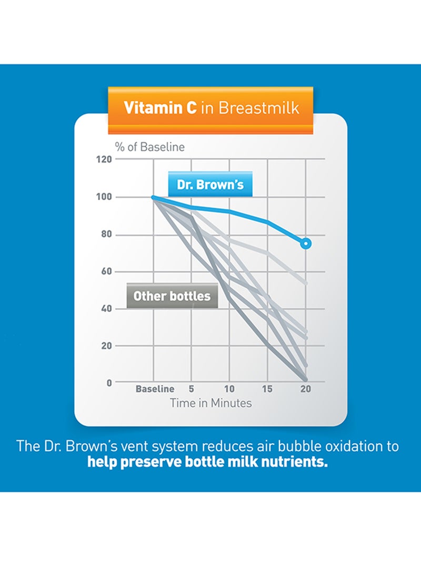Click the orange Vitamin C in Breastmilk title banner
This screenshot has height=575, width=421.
coord(211,108)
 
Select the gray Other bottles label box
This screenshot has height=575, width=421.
coord(172,296)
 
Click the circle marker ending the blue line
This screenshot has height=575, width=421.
coord(306,243)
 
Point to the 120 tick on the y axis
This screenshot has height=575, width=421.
coord(104,160)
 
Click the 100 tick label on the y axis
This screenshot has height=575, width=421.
coord(104,197)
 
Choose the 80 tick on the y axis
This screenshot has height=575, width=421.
coord(106,235)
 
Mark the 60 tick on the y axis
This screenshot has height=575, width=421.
coord(106,271)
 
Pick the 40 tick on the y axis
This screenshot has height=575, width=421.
coord(106,308)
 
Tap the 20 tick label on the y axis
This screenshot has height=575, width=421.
coord(106,346)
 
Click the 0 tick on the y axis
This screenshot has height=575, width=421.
coord(109,383)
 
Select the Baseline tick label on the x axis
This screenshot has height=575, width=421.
coord(155,389)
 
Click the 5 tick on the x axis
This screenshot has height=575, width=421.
coord(192,389)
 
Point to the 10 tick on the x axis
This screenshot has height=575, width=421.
coord(229,389)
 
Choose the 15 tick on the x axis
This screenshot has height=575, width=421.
coord(267,389)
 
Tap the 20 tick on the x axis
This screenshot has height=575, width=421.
coord(306,389)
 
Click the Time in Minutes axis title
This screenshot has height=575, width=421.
coord(210,403)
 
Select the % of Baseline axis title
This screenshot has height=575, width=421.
coord(150,147)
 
